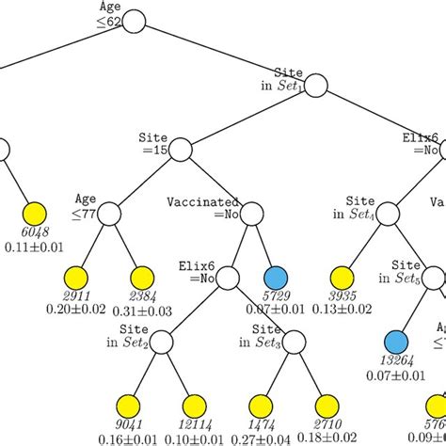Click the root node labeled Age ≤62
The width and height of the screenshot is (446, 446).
click(134, 20)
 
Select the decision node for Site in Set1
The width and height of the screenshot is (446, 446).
click(314, 86)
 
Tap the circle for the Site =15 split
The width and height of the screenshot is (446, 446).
click(181, 149)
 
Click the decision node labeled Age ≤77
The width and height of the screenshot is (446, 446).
click(109, 215)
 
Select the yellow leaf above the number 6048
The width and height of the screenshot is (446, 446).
click(35, 215)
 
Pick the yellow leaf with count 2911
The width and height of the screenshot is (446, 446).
click(75, 278)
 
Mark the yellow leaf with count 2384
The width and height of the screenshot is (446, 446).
click(141, 278)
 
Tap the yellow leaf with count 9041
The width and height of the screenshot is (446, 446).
click(127, 406)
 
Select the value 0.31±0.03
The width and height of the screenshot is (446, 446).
click(141, 311)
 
